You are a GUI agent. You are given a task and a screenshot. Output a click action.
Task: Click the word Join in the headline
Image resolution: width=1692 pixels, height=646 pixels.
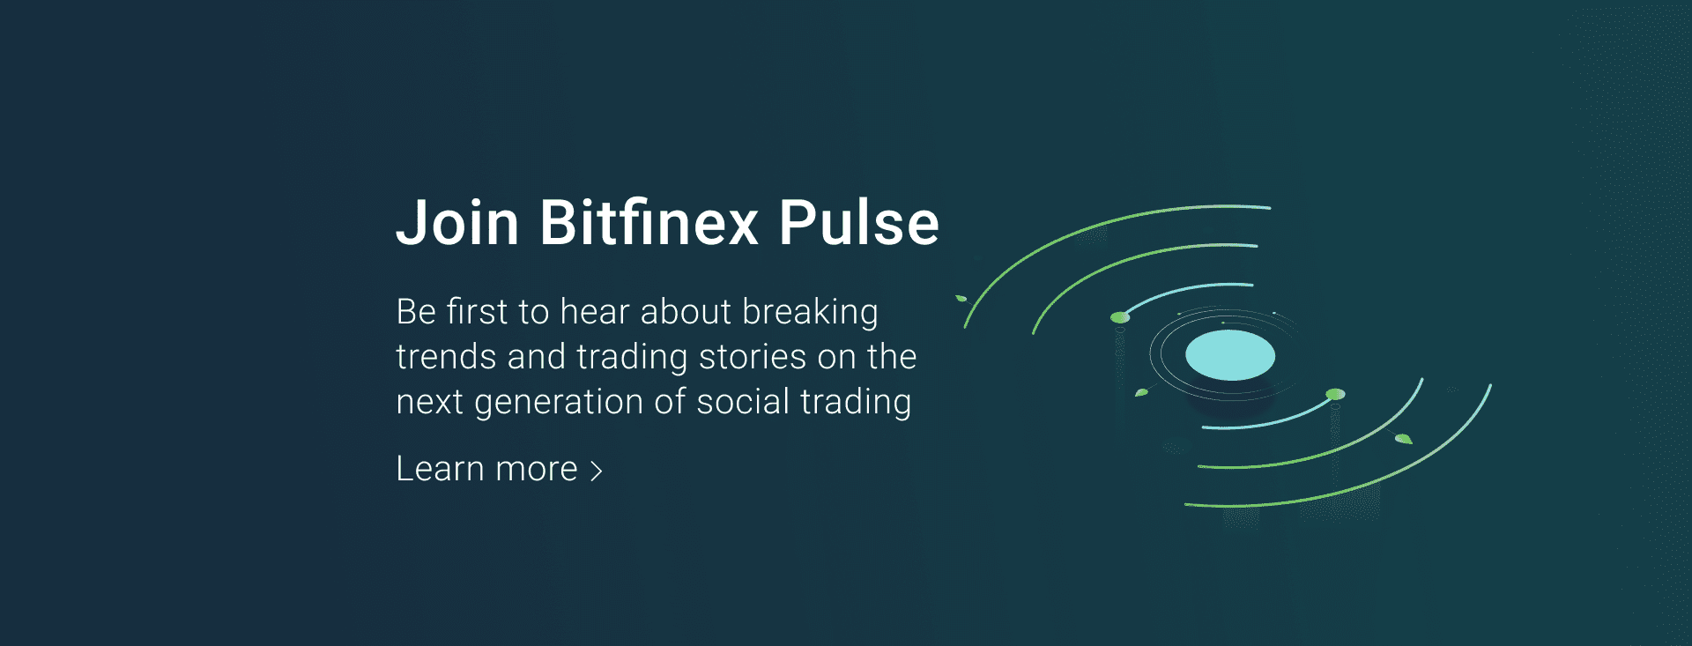(x=457, y=222)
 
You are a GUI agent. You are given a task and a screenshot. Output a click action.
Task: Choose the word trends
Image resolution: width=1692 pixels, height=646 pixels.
(x=446, y=357)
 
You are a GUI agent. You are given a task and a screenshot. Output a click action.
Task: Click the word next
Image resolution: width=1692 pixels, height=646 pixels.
(x=429, y=402)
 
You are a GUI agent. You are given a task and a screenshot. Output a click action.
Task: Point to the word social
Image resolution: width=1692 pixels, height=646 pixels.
(x=743, y=402)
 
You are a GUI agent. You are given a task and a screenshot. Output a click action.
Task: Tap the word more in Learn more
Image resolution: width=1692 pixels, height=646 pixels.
(x=536, y=471)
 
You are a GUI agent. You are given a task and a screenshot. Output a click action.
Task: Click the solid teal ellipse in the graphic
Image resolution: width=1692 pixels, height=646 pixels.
(x=1229, y=355)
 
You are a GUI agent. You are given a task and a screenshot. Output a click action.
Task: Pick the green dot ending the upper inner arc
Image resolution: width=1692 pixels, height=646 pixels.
(x=1119, y=317)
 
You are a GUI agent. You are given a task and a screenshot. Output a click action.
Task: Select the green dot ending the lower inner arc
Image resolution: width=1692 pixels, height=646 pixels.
(x=1335, y=394)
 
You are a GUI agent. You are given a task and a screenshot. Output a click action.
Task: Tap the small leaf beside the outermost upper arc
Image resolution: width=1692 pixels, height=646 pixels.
(x=961, y=299)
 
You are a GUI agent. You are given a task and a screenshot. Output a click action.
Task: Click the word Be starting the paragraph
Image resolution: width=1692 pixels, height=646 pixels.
(x=416, y=312)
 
